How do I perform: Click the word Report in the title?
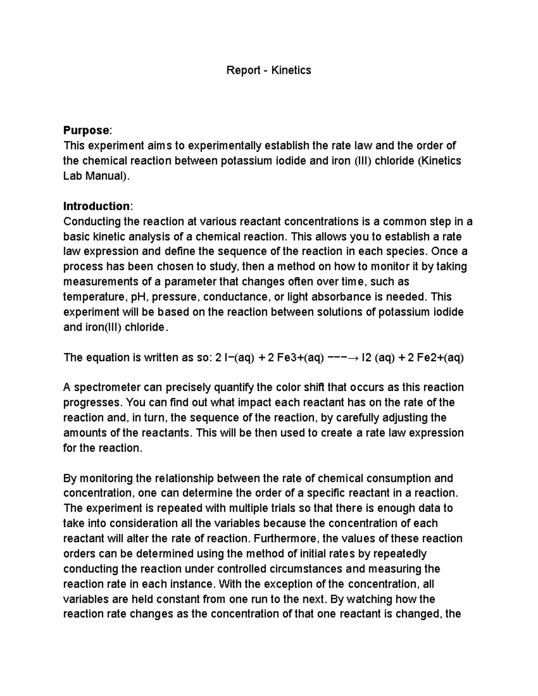(x=243, y=70)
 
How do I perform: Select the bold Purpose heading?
(x=86, y=130)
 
